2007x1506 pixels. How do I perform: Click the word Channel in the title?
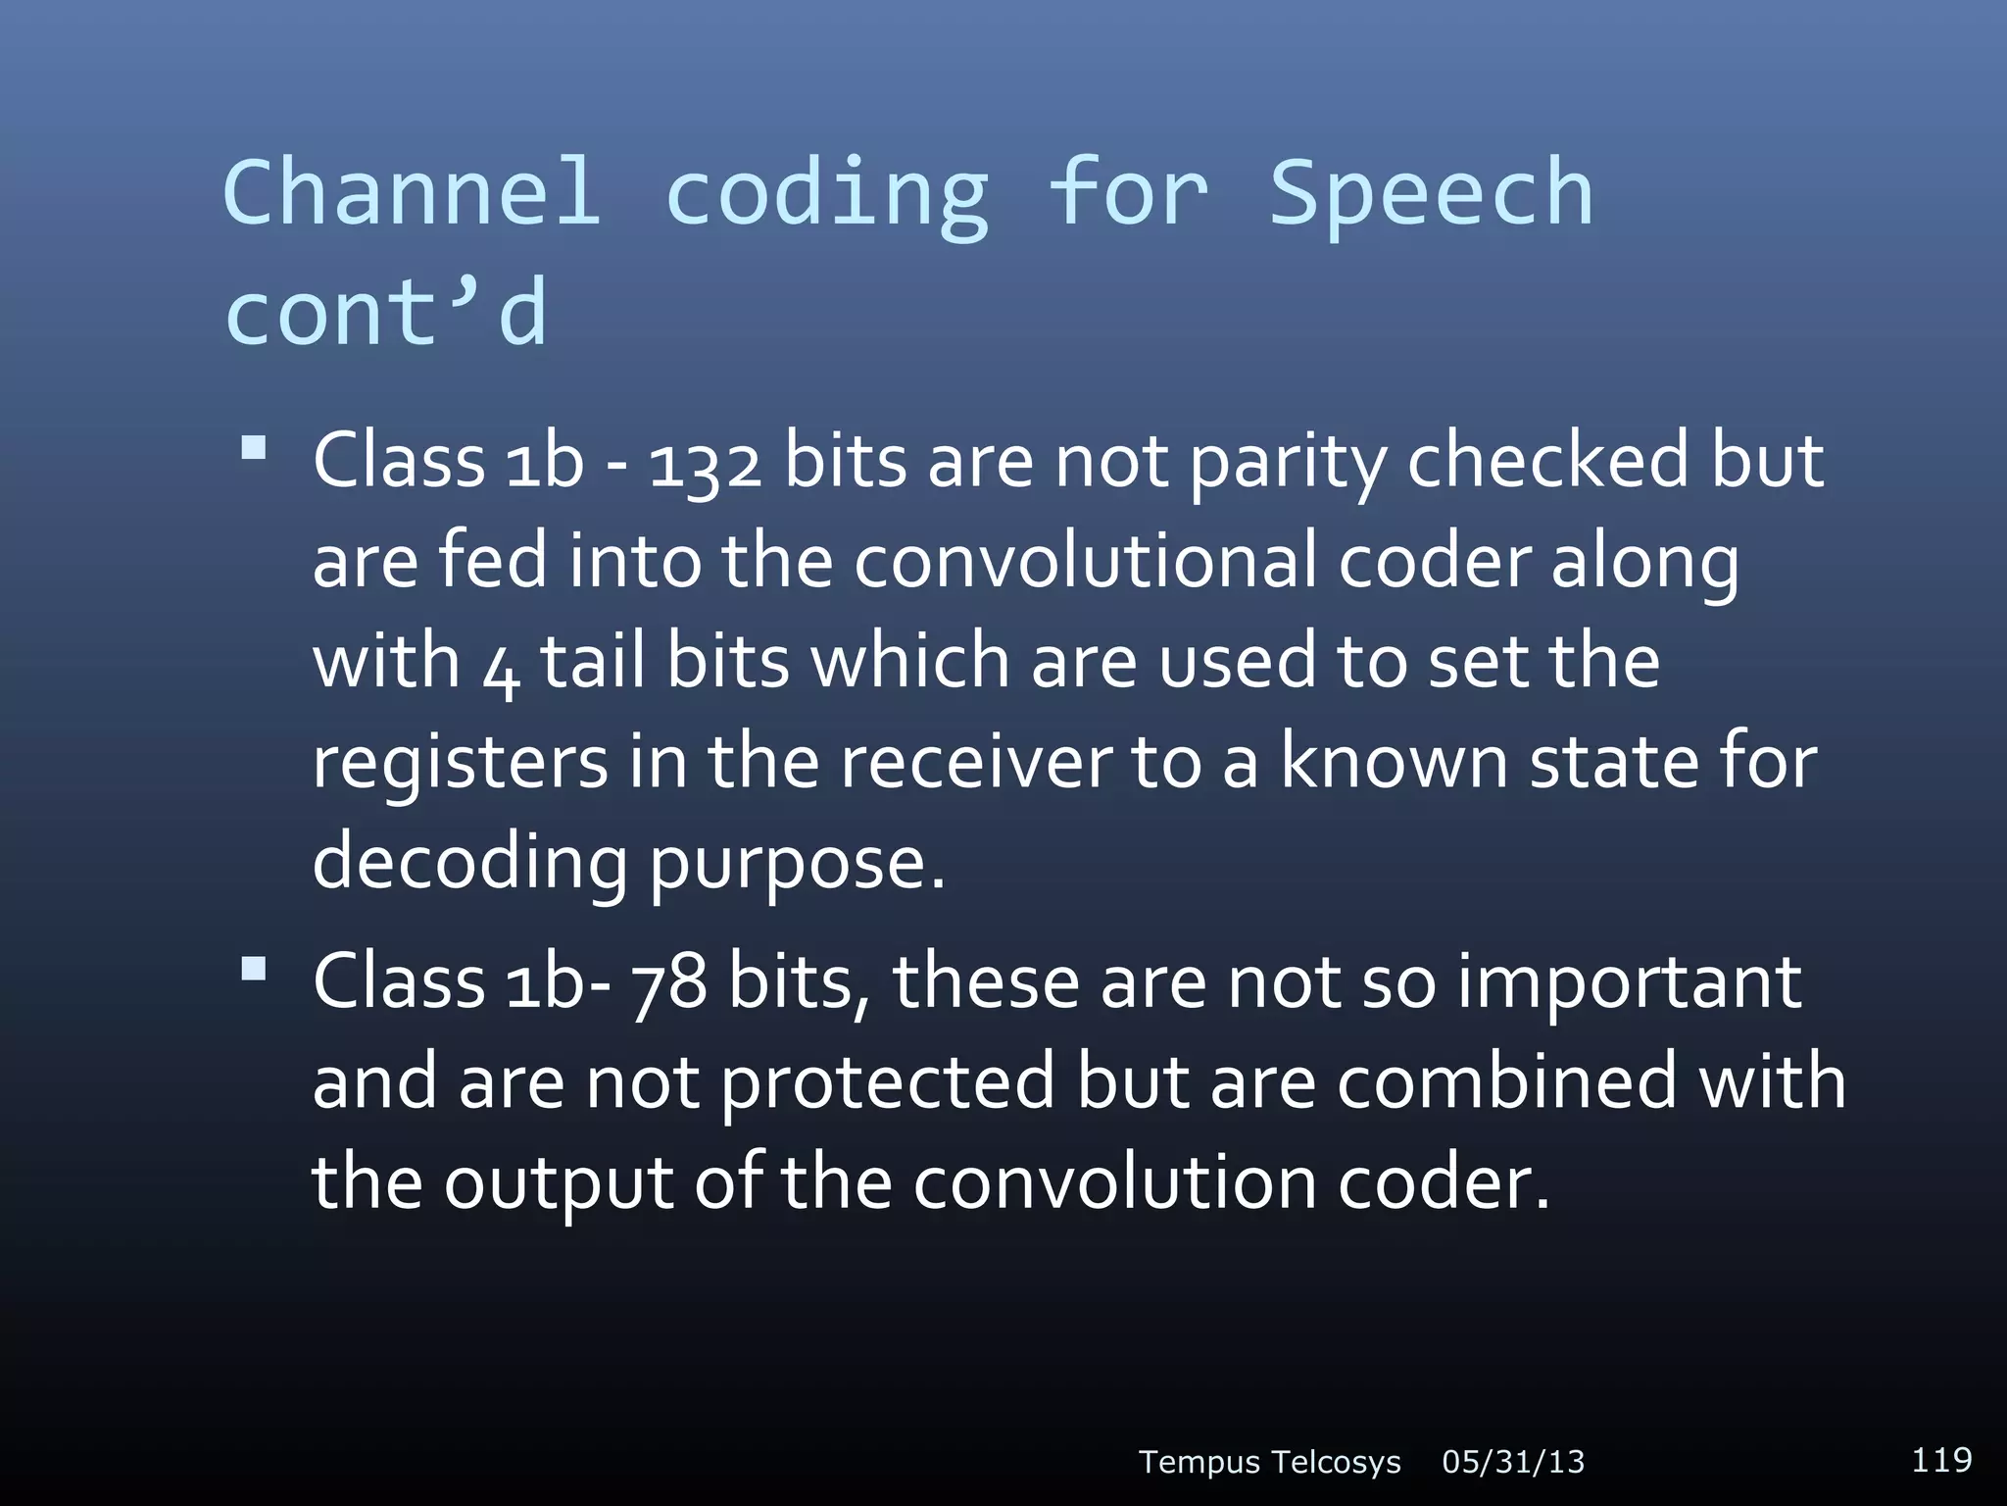tap(412, 193)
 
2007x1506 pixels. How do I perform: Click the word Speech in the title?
tap(1431, 193)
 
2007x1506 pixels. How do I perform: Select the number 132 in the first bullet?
tap(706, 463)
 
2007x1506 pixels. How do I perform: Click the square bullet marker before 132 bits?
tap(254, 448)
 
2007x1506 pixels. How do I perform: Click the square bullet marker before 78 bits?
tap(254, 969)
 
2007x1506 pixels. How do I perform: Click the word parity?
tap(1287, 463)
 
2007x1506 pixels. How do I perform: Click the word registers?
tap(460, 763)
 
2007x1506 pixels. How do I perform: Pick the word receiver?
tap(976, 763)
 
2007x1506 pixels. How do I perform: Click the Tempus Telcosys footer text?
tap(1269, 1462)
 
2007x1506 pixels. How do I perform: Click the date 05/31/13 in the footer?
tap(1513, 1462)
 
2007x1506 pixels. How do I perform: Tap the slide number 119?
tap(1941, 1459)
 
